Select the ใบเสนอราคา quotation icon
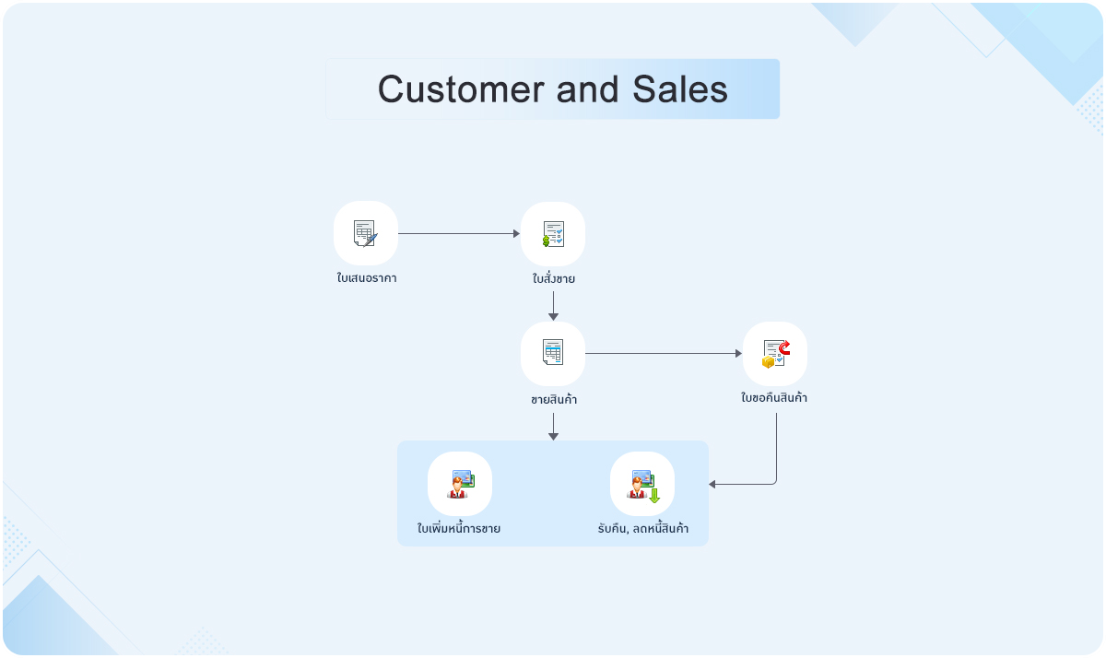[366, 233]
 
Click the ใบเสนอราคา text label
[366, 277]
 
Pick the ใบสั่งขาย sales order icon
[553, 234]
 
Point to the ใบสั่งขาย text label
[553, 278]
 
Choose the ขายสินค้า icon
[553, 353]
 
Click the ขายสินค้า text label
[553, 400]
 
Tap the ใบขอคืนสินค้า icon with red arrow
[775, 353]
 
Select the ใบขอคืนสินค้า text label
[775, 398]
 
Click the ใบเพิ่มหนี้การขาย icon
[460, 483]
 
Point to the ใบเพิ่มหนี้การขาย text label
[459, 529]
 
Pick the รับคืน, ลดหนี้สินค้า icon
[642, 483]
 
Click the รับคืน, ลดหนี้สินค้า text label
[642, 529]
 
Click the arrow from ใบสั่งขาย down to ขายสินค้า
[553, 305]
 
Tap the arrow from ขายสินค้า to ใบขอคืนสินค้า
[664, 353]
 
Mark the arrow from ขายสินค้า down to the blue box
[553, 425]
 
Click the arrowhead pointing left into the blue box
[712, 484]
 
